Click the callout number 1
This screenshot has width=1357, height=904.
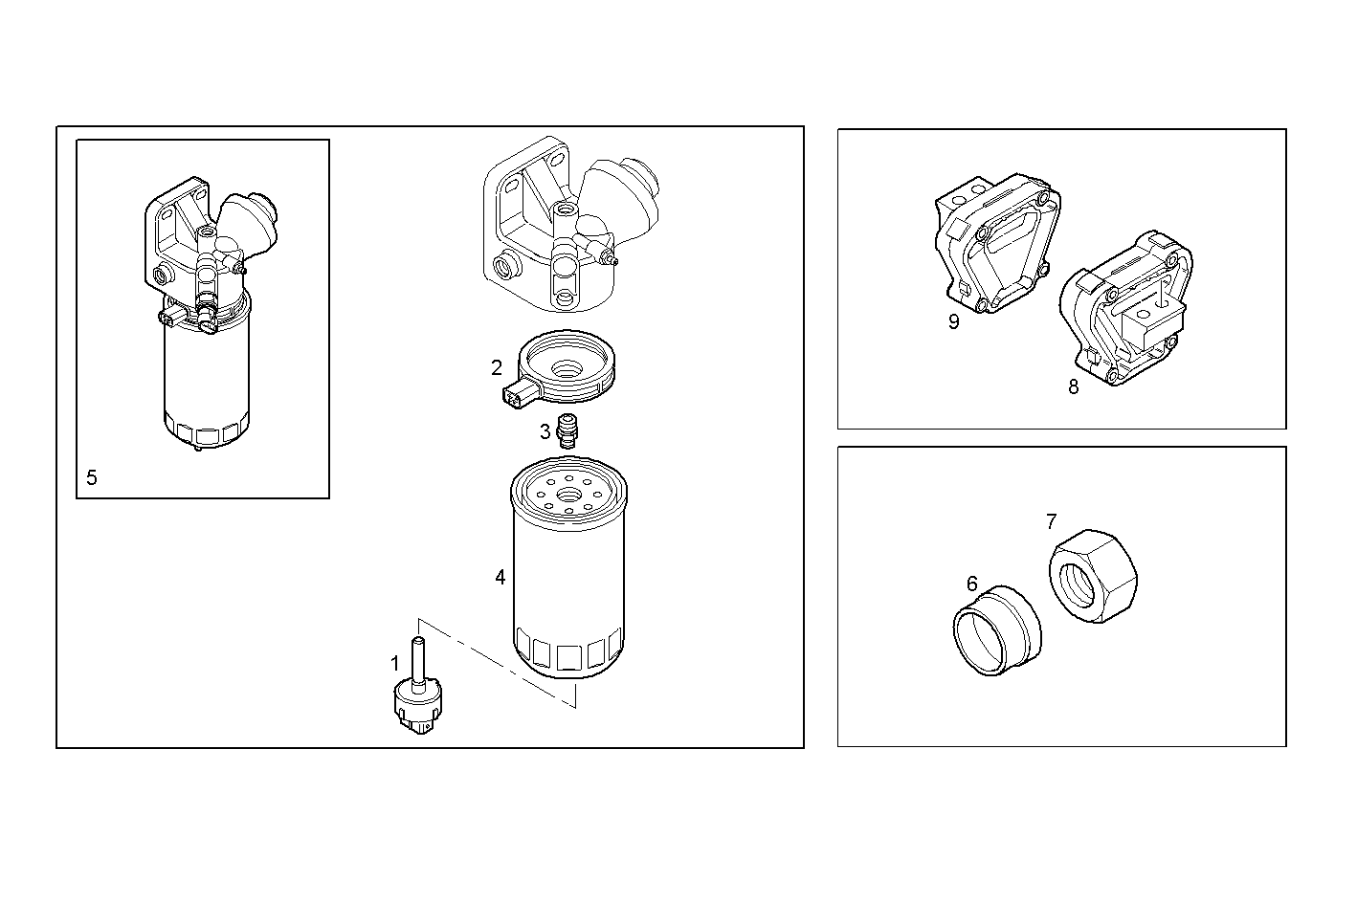[x=394, y=662]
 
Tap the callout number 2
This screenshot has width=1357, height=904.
[x=497, y=367]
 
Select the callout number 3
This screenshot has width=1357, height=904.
[x=545, y=431]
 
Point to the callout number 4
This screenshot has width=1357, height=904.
[x=501, y=577]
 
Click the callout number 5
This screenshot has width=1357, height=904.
[x=92, y=477]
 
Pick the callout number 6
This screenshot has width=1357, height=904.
[x=972, y=584]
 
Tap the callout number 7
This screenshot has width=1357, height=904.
[x=1051, y=521]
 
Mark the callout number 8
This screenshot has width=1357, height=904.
[x=1073, y=386]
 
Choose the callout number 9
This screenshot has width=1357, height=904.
[x=953, y=321]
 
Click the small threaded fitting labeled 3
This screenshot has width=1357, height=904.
[x=569, y=431]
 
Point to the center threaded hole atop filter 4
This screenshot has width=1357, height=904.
[x=569, y=496]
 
